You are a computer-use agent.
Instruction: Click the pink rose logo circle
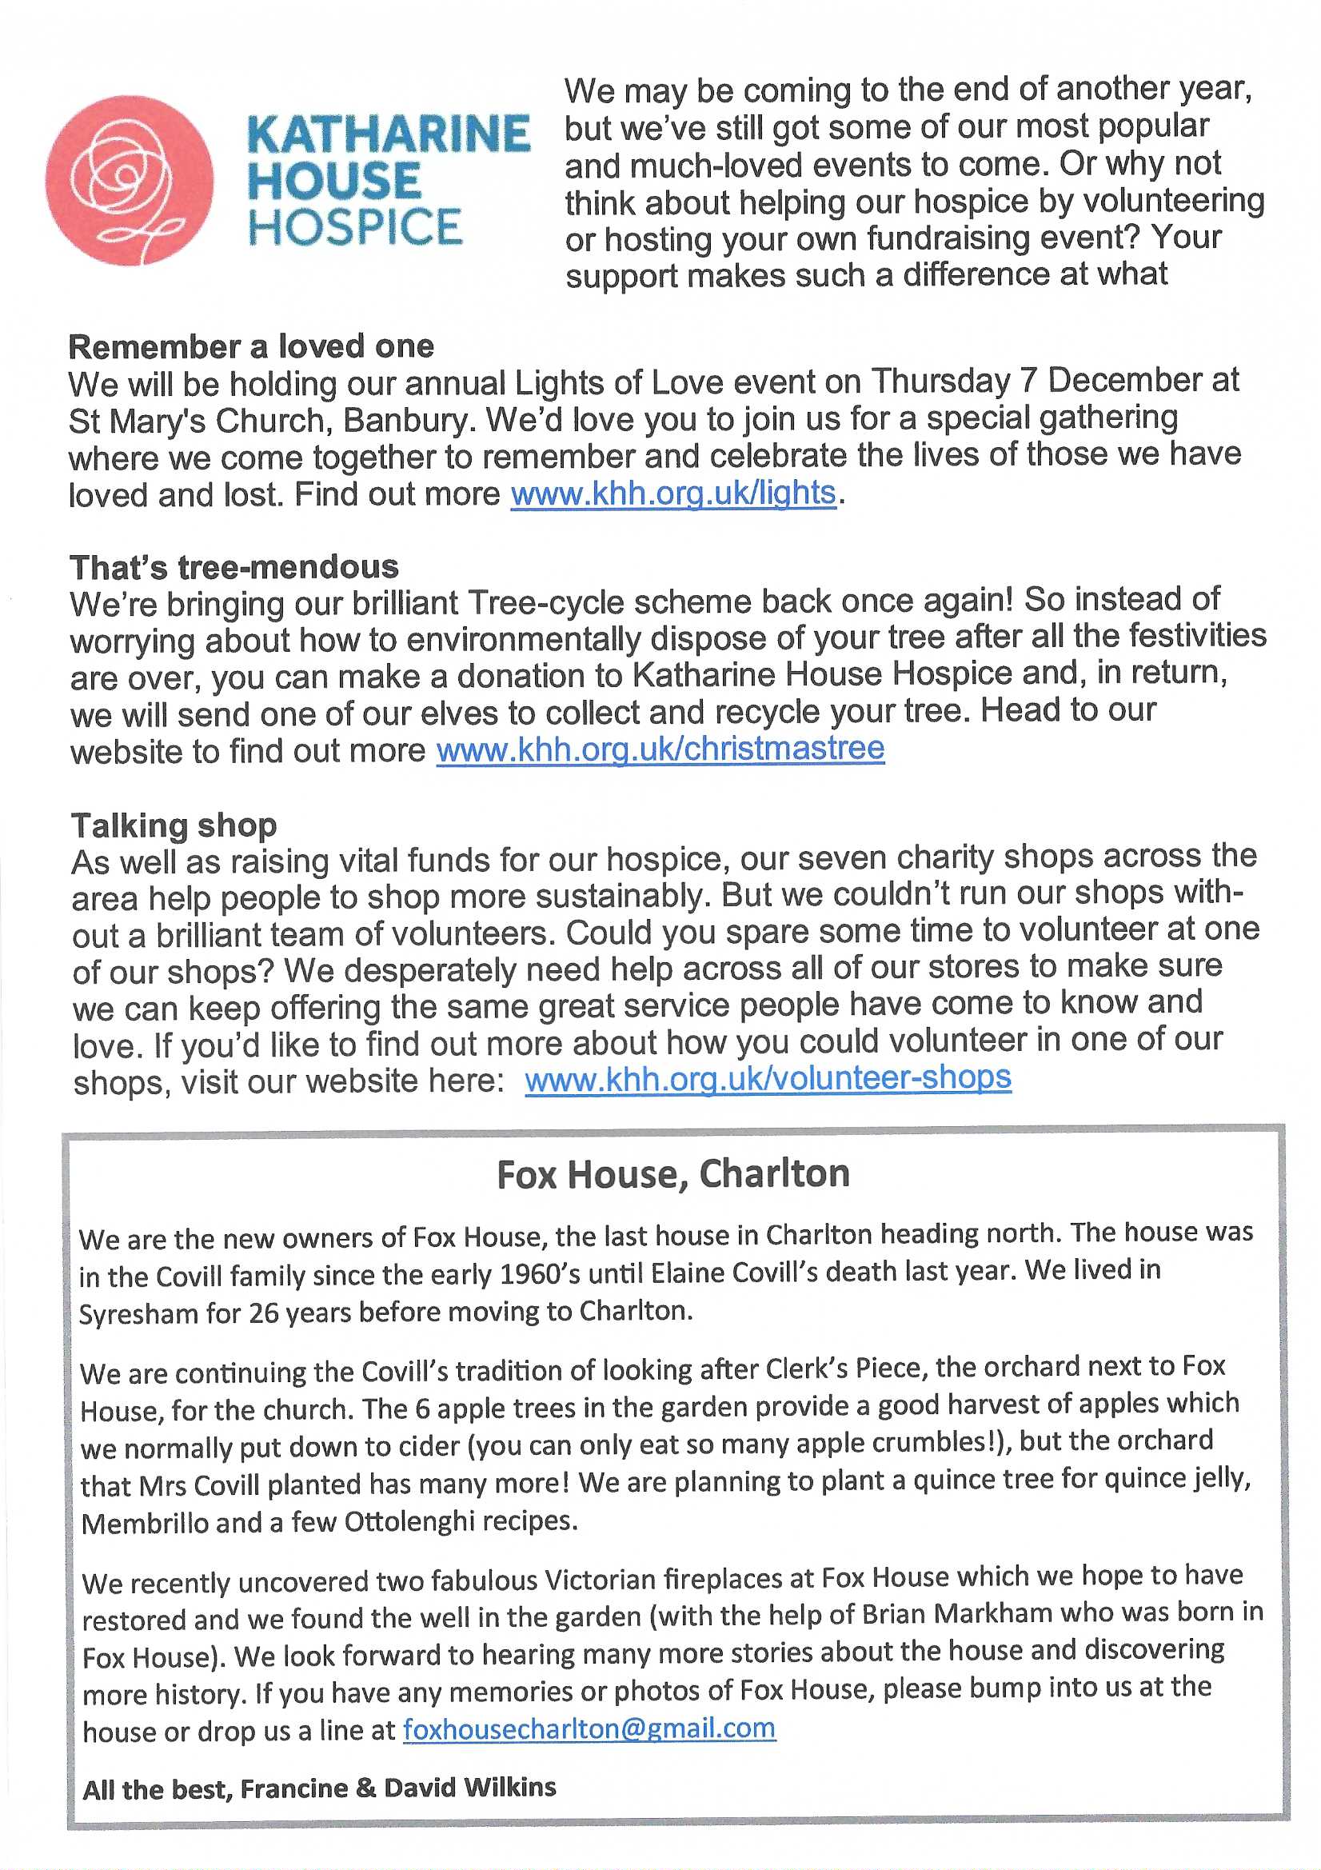(x=130, y=180)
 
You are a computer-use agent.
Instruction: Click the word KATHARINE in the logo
(x=388, y=135)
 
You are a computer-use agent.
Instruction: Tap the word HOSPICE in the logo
(x=355, y=227)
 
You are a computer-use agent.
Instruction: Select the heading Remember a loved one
(x=251, y=347)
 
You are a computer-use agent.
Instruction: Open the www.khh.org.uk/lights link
(x=672, y=493)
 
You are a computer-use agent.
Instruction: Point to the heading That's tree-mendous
(x=233, y=567)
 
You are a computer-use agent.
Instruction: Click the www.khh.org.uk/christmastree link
(x=660, y=749)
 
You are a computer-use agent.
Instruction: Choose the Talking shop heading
(x=174, y=825)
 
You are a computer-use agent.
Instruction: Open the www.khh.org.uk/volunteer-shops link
(x=767, y=1079)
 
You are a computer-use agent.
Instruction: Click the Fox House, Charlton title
(x=672, y=1174)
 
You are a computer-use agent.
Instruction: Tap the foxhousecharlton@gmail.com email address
(x=589, y=1728)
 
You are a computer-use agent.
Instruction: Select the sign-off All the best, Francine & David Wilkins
(x=319, y=1788)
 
